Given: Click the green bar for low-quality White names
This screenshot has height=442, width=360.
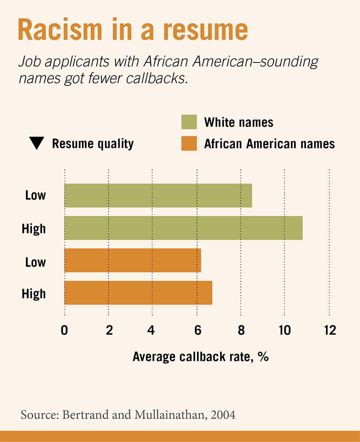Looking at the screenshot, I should (158, 195).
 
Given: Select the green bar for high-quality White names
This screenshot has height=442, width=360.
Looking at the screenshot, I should (183, 228).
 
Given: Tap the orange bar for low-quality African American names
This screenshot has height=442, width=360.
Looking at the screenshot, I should (132, 260).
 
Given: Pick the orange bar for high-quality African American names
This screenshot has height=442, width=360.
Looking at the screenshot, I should (138, 293).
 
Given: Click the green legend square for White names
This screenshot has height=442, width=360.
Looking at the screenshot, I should (189, 122).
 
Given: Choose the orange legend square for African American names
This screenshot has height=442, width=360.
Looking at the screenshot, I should (189, 143).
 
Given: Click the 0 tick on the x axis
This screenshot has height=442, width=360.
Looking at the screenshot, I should (65, 330).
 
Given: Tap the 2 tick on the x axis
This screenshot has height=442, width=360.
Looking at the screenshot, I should (109, 330).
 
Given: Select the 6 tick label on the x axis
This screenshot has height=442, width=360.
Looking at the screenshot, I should (197, 330).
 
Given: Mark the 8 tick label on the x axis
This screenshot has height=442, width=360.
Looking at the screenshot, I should (241, 330).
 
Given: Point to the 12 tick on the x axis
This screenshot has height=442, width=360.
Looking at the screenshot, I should (330, 330).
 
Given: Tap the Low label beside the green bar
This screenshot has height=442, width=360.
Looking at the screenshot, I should (36, 195).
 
